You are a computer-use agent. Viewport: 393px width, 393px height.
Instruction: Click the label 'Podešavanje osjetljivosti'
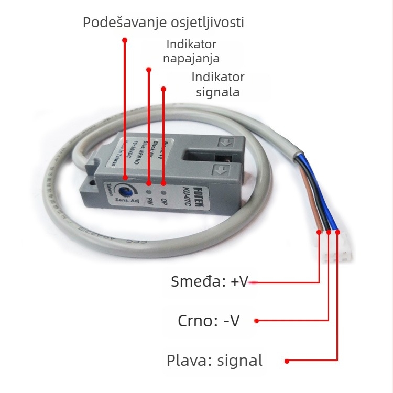point(163,23)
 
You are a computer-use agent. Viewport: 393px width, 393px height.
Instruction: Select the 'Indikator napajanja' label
point(191,51)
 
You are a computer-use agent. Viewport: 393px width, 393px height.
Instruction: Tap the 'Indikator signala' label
point(218,84)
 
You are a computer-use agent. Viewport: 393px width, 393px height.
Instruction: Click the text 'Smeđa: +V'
point(209,281)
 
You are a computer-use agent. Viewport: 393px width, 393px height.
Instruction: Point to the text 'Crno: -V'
point(209,321)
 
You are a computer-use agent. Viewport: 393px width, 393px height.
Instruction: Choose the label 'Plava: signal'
point(214,361)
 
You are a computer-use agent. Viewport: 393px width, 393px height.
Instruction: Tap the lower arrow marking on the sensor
point(221,169)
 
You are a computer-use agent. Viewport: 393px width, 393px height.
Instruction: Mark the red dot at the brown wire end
point(319,231)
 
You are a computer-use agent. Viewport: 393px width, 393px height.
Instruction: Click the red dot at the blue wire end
point(337,231)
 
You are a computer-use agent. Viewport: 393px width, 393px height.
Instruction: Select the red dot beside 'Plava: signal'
point(287,361)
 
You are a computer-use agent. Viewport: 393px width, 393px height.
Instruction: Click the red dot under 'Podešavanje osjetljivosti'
point(124,40)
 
